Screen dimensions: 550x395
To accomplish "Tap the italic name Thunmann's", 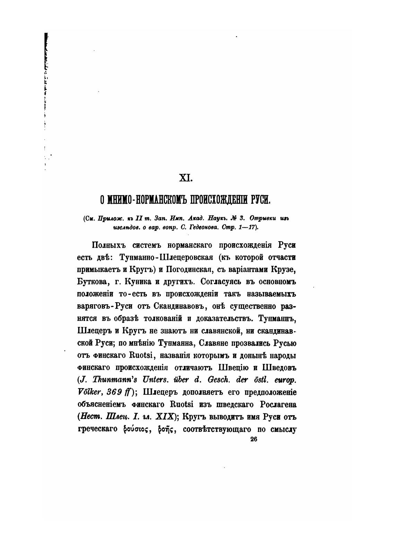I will coord(112,380).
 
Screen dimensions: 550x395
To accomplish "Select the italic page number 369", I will coord(114,392).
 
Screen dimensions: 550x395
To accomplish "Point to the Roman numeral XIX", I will coord(164,417).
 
